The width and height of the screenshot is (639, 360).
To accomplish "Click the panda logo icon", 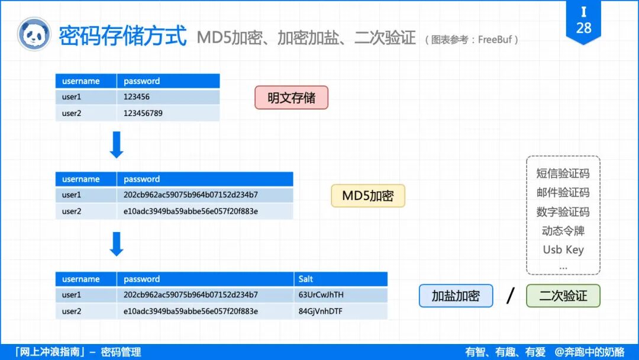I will (34, 34).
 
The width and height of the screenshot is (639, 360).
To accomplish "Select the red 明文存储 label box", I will (291, 98).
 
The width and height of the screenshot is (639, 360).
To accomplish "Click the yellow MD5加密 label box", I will (368, 195).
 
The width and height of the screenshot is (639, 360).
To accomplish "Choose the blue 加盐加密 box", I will (456, 296).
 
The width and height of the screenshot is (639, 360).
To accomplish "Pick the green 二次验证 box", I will (563, 296).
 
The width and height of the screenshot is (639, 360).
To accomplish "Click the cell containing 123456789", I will (143, 113).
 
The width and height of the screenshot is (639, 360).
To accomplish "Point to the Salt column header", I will (306, 279).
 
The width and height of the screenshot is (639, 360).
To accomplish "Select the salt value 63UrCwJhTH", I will (321, 295).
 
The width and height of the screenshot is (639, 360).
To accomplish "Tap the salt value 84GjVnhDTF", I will (321, 311).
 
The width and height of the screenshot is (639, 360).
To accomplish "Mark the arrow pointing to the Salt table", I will (117, 244).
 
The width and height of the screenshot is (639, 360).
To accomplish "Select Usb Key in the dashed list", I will (563, 249).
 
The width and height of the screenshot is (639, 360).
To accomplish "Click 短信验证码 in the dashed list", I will (563, 173).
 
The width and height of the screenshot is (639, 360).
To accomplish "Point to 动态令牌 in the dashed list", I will (563, 230).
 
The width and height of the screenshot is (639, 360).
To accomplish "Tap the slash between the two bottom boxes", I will (510, 295).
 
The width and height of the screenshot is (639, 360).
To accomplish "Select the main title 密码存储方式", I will (122, 36).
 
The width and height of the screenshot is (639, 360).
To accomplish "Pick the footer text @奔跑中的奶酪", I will (589, 352).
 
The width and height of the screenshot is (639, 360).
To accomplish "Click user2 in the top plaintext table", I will (72, 113).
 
